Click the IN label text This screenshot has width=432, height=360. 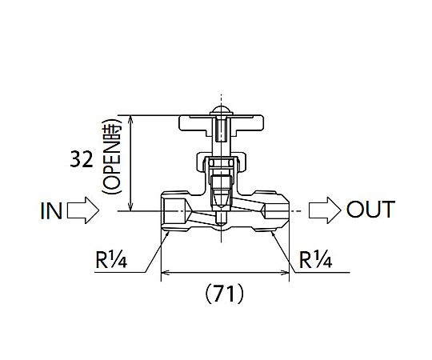click(x=51, y=210)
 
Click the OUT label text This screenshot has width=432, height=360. click(x=370, y=210)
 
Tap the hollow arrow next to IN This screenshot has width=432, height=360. click(x=83, y=210)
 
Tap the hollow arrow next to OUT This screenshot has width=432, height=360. click(x=325, y=210)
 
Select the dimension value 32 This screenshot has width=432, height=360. click(x=82, y=159)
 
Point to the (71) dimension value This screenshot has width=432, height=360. click(x=225, y=294)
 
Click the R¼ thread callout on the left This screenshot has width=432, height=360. click(x=111, y=259)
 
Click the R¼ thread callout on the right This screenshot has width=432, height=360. click(x=316, y=259)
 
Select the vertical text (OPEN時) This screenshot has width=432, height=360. click(x=111, y=157)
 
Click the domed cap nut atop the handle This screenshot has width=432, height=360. click(x=221, y=110)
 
